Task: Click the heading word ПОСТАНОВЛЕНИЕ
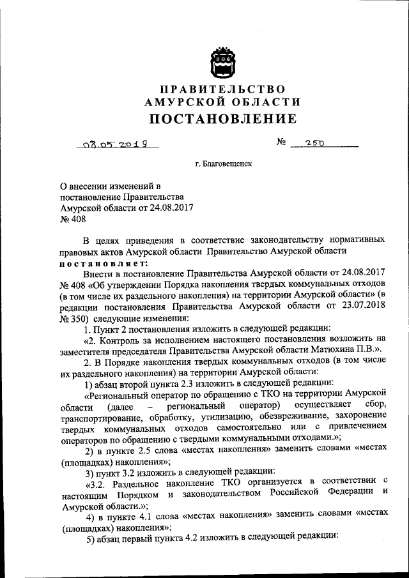(222, 119)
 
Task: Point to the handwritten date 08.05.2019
(114, 145)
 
